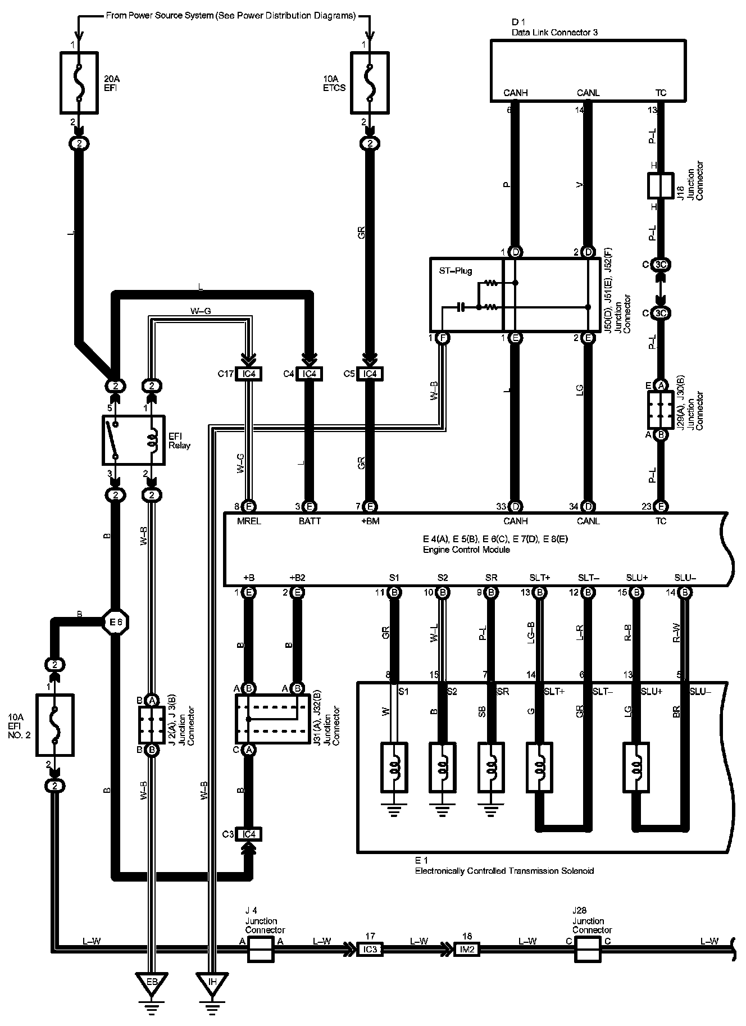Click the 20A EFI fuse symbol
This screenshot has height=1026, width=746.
(79, 83)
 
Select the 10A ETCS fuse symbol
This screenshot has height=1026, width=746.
(370, 83)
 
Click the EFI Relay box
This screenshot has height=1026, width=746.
(134, 441)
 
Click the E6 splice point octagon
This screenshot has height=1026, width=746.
(116, 622)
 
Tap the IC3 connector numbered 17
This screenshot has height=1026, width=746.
(370, 949)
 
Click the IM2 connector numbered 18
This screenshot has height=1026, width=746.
(466, 949)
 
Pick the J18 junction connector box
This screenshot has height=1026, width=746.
(661, 185)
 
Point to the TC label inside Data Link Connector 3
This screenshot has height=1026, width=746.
(661, 93)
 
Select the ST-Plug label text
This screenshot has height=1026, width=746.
(456, 271)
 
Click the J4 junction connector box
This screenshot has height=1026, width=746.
(261, 949)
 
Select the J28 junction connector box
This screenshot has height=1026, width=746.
(588, 949)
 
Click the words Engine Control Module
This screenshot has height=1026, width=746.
(466, 550)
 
